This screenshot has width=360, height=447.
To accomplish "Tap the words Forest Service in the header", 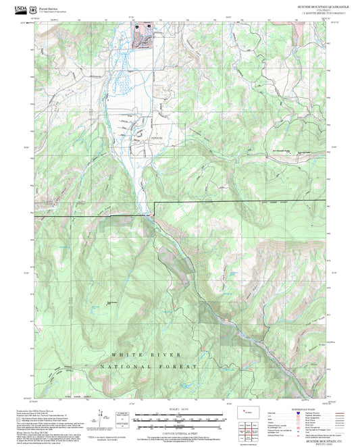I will pyautogui.click(x=45, y=7).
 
